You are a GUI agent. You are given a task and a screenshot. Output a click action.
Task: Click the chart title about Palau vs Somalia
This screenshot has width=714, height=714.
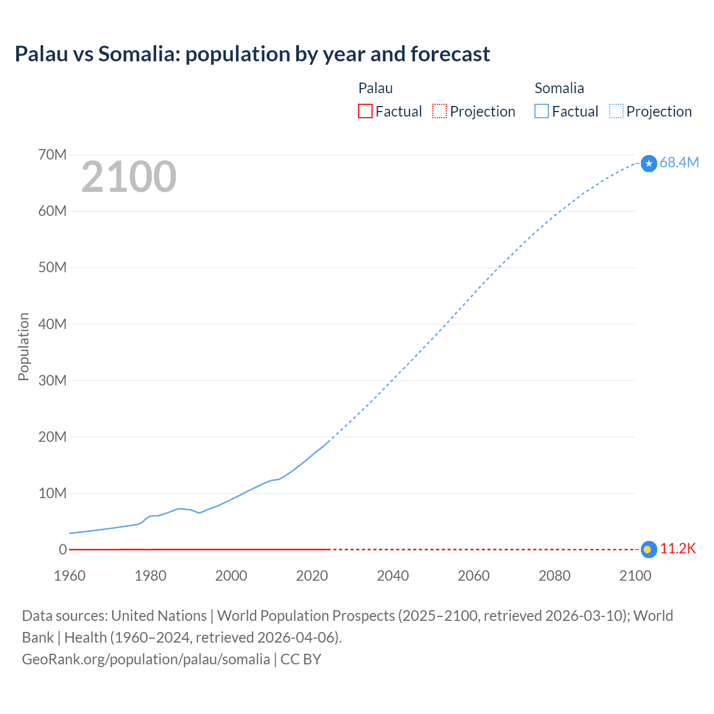(252, 54)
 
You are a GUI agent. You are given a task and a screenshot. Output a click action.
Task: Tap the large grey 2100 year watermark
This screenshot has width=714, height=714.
(129, 177)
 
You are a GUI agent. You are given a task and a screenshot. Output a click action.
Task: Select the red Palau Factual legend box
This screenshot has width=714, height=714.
(365, 111)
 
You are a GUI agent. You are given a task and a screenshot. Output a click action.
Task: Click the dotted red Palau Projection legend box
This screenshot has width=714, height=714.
(440, 111)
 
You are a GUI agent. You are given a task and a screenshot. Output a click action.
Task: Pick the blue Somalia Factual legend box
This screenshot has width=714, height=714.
(541, 111)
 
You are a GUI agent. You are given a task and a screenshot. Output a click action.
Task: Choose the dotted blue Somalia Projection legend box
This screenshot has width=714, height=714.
(616, 111)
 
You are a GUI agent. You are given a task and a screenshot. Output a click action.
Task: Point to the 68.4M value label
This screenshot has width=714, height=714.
(679, 162)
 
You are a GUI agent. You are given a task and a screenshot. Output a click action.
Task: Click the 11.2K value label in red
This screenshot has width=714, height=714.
(678, 549)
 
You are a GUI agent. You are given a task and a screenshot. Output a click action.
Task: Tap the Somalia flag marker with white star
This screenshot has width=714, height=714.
(649, 163)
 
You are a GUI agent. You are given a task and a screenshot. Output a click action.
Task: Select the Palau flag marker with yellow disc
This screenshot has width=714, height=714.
(648, 549)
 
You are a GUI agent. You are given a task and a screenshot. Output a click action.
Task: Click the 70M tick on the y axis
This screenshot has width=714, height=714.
(52, 155)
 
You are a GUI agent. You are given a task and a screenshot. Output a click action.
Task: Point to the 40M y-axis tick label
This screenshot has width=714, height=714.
(52, 324)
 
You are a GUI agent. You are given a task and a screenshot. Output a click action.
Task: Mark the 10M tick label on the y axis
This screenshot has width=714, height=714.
(52, 493)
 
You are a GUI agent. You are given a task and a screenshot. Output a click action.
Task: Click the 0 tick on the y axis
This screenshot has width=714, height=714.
(62, 549)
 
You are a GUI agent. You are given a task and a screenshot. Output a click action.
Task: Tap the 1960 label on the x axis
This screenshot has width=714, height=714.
(70, 576)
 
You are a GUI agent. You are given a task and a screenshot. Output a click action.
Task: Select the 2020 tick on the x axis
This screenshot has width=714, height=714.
(312, 576)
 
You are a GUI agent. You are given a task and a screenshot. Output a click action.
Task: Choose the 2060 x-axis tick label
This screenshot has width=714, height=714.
(474, 576)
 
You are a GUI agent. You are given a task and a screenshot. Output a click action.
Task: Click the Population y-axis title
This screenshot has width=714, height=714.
(23, 346)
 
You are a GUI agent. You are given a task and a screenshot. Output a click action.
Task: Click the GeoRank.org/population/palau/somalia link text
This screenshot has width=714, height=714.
(146, 659)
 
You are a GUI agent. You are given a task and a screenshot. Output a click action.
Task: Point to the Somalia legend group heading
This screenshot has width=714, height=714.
(559, 88)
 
